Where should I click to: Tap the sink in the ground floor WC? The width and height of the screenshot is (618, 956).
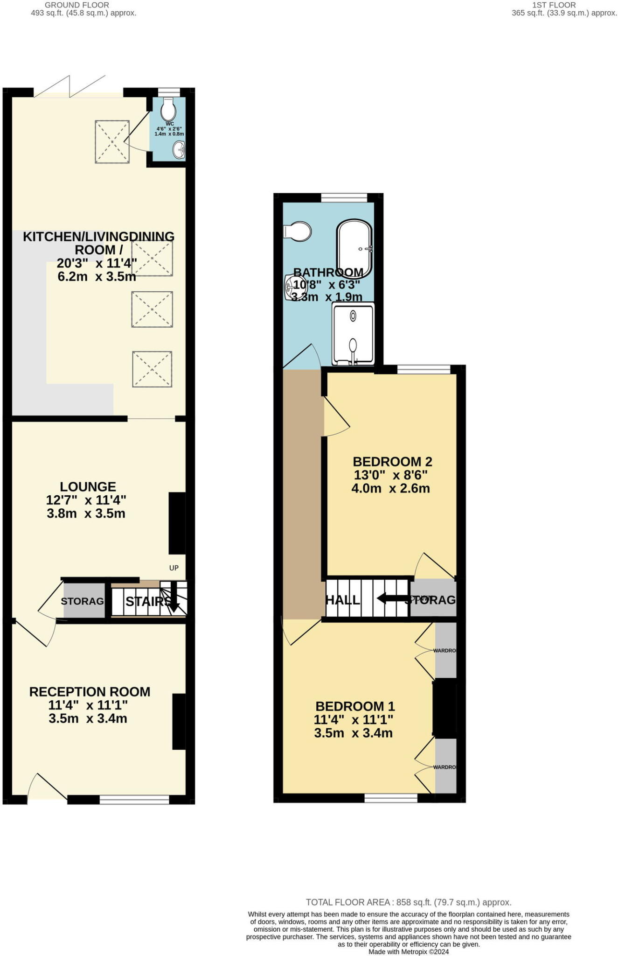179,150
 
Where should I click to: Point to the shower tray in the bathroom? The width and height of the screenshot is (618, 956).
353,333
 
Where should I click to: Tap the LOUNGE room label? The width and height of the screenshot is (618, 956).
88,487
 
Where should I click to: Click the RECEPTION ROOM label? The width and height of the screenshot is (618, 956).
90,692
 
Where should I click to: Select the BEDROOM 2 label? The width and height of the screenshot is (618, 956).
392,462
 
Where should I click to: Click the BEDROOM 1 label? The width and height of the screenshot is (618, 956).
355,706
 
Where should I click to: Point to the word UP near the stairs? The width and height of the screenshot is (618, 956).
174,568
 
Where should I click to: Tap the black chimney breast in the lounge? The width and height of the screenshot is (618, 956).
177,523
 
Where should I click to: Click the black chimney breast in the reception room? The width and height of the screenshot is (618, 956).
179,722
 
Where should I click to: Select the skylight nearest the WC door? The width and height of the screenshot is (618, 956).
112,142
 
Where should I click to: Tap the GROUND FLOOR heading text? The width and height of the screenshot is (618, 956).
77,5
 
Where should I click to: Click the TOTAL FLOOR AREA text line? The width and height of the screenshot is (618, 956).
408,902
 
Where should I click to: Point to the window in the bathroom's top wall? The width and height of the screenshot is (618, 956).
344,198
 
